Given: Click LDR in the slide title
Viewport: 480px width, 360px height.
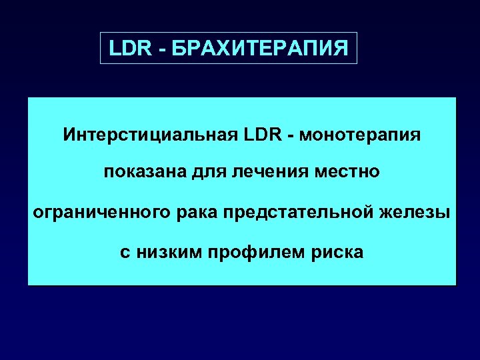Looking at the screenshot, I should pyautogui.click(x=127, y=49).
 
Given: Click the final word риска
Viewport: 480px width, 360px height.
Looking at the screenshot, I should pyautogui.click(x=338, y=253).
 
